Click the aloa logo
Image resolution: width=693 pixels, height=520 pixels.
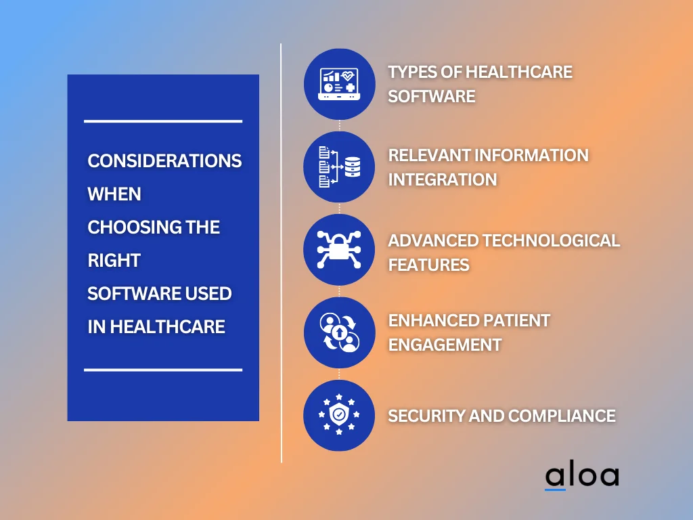(581, 476)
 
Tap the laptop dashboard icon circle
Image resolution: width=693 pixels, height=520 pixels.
(339, 84)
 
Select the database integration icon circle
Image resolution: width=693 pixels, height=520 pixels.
(339, 167)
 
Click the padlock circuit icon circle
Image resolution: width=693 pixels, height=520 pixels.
(339, 249)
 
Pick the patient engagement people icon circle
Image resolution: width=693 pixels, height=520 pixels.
(339, 332)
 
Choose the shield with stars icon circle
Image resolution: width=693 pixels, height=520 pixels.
(339, 415)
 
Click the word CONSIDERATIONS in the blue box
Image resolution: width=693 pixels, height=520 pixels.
(164, 161)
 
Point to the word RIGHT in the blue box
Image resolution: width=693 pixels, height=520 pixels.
(114, 261)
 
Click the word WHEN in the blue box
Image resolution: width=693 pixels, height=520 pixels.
(114, 194)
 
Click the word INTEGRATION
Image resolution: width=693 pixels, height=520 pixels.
(443, 179)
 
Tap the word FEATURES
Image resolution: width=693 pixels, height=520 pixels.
(429, 265)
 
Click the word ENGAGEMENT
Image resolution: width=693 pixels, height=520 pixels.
(445, 345)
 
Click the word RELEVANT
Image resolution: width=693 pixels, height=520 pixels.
(428, 155)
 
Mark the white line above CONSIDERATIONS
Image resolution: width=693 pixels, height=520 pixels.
(163, 121)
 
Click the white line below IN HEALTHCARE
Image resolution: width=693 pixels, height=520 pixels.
(163, 370)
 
